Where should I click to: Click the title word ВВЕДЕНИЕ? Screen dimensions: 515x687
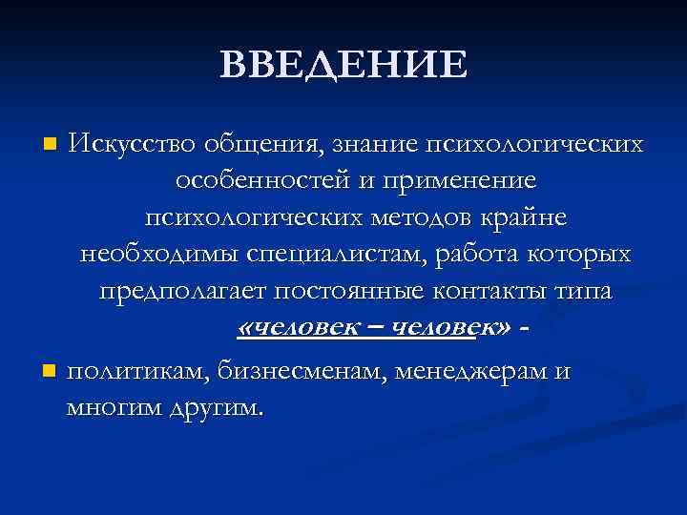[x=343, y=65]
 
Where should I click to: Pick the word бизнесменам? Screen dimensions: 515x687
[x=291, y=370]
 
